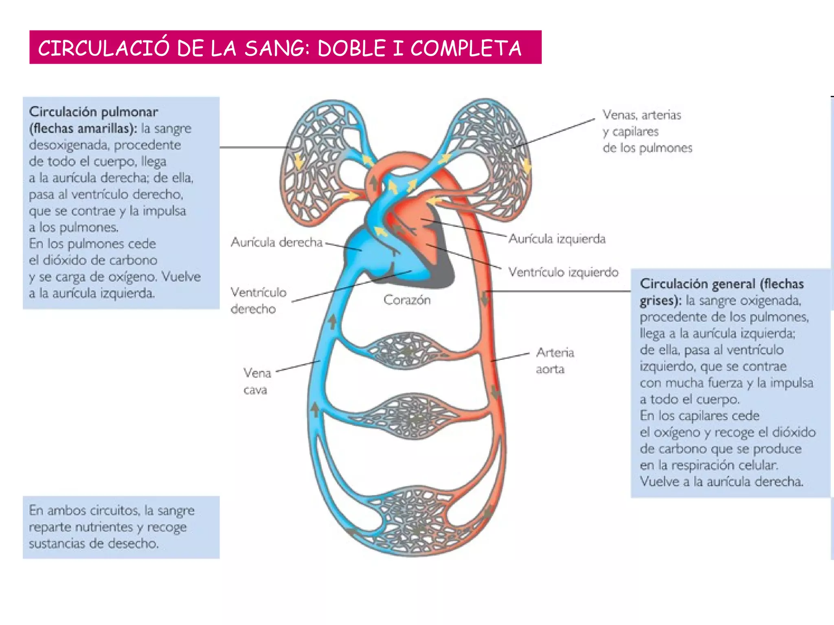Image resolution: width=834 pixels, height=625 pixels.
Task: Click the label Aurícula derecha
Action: [277, 243]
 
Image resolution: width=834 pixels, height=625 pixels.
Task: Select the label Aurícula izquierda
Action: [557, 239]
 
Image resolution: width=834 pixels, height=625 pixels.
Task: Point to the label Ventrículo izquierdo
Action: [563, 272]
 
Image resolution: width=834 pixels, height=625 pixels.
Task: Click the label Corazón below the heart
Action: [407, 300]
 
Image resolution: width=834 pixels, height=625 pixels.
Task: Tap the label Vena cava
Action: [257, 381]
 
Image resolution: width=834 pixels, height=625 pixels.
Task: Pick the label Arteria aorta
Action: [554, 361]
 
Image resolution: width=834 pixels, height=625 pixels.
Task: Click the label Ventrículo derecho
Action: [258, 300]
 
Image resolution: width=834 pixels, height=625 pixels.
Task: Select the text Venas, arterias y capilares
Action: [642, 123]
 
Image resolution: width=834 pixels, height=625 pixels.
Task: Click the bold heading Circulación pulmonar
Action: [94, 112]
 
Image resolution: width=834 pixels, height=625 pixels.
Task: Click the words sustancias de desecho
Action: [94, 544]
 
